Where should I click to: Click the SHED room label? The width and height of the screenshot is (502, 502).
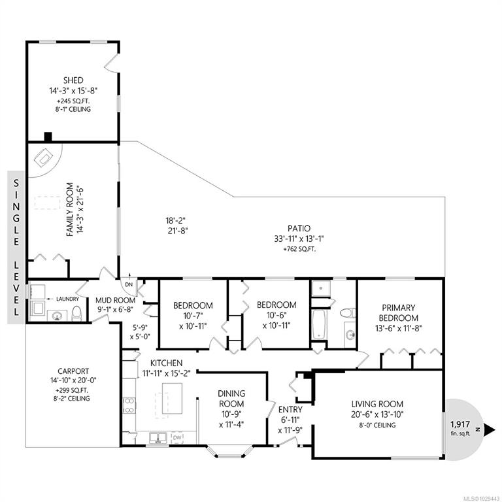coord(73,80)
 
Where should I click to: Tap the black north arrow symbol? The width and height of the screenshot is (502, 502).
coord(489,429)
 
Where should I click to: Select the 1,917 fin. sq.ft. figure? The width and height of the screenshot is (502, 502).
coord(460,428)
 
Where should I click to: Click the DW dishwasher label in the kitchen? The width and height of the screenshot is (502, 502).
coord(177,437)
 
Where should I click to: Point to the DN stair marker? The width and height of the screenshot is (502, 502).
coord(129,284)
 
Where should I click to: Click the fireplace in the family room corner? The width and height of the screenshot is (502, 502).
coord(44,158)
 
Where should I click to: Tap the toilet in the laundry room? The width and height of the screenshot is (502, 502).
coord(77,313)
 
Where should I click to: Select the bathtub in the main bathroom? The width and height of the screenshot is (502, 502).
coord(319,324)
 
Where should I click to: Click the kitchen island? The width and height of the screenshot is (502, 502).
coord(173,399)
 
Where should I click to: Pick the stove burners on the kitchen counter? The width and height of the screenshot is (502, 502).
coord(129,405)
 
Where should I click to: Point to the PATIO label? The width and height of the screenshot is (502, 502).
coord(299,228)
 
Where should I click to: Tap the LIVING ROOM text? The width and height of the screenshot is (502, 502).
coord(377,404)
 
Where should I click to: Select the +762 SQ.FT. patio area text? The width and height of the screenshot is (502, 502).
coord(299,249)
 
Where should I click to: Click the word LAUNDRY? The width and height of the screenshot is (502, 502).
coord(67,299)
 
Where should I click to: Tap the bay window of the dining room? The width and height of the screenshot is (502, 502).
coord(231,451)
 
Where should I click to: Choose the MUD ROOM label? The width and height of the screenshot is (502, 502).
coord(115,300)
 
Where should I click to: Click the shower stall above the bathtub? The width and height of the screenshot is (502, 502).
coord(321,288)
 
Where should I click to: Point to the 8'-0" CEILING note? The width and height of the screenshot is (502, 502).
coord(377,425)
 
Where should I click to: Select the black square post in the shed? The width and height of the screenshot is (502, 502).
coord(48,137)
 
